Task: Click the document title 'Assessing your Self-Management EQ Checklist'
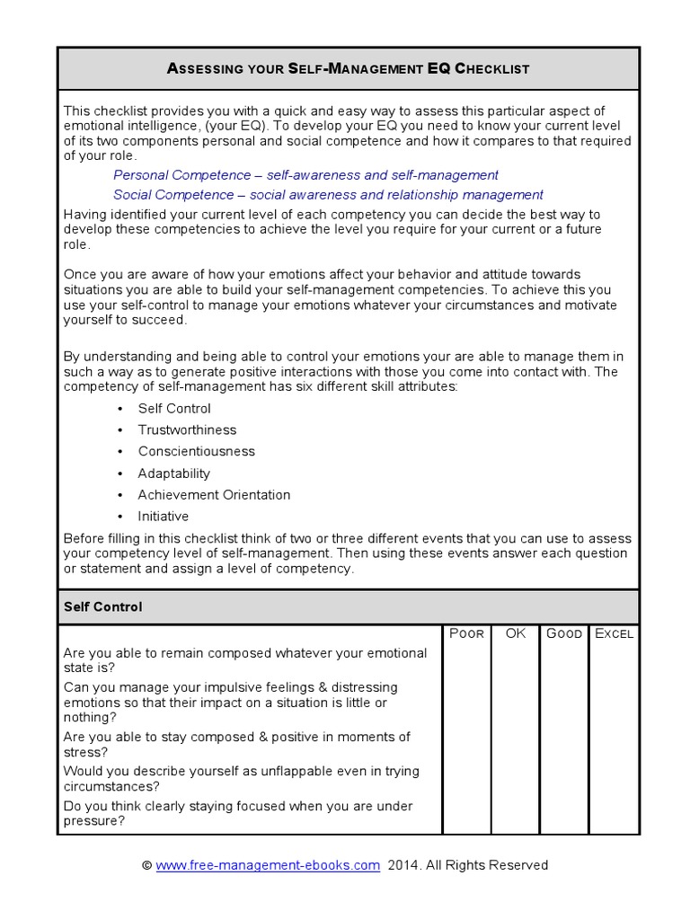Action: pyautogui.click(x=349, y=68)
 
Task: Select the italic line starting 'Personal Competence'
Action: pyautogui.click(x=305, y=175)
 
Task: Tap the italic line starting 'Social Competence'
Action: pyautogui.click(x=328, y=194)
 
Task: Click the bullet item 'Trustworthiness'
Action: pyautogui.click(x=187, y=430)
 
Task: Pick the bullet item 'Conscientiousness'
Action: pyautogui.click(x=196, y=452)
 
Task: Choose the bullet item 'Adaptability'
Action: pyautogui.click(x=173, y=473)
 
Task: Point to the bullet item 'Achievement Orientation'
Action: pyautogui.click(x=214, y=495)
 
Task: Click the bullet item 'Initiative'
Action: pyautogui.click(x=163, y=517)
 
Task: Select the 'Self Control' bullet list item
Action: pyautogui.click(x=174, y=409)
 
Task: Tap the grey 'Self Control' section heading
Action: pyautogui.click(x=103, y=607)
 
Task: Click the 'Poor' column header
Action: pyautogui.click(x=466, y=633)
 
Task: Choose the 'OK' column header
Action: pyautogui.click(x=515, y=633)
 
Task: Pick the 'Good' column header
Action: pyautogui.click(x=564, y=633)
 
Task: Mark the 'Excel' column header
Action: pyautogui.click(x=614, y=633)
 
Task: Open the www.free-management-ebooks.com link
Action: pyautogui.click(x=268, y=865)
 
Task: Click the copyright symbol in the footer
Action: pyautogui.click(x=147, y=865)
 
